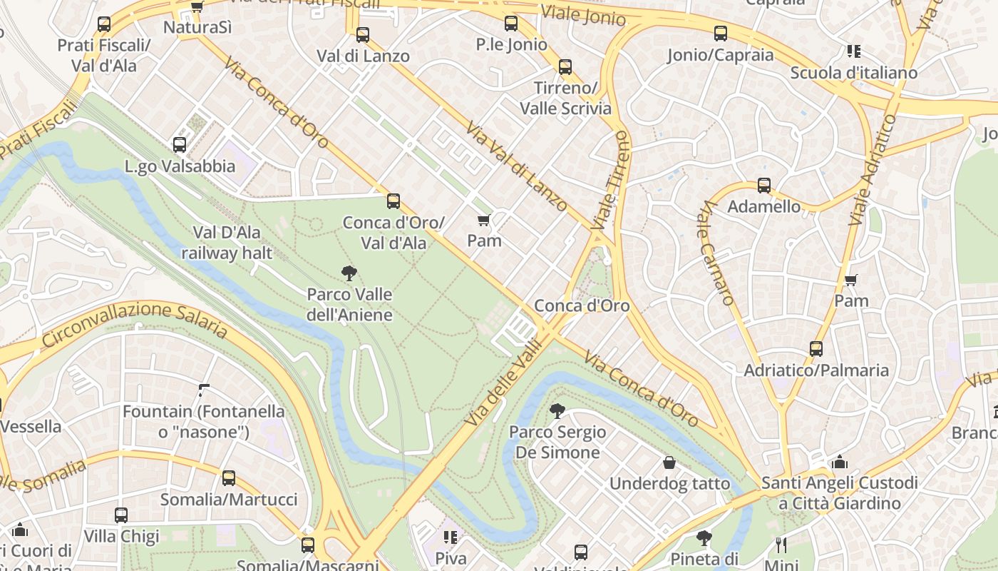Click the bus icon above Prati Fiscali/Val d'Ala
(x=104, y=24)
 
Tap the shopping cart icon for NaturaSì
(x=197, y=7)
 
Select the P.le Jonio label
(x=512, y=45)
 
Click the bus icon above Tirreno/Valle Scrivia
(x=565, y=67)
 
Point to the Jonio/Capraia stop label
(x=720, y=55)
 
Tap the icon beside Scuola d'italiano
(x=853, y=51)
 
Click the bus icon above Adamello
(x=764, y=186)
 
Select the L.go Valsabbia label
(x=180, y=166)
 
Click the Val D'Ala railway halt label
(x=227, y=243)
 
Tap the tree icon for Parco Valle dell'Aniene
(x=349, y=272)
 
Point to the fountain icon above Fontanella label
(x=204, y=390)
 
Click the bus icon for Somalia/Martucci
(x=229, y=477)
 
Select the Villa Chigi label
(x=121, y=535)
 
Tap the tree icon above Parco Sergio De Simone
(x=557, y=410)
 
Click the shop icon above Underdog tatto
(x=669, y=463)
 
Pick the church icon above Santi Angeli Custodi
(x=840, y=462)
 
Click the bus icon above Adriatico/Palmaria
(x=816, y=349)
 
